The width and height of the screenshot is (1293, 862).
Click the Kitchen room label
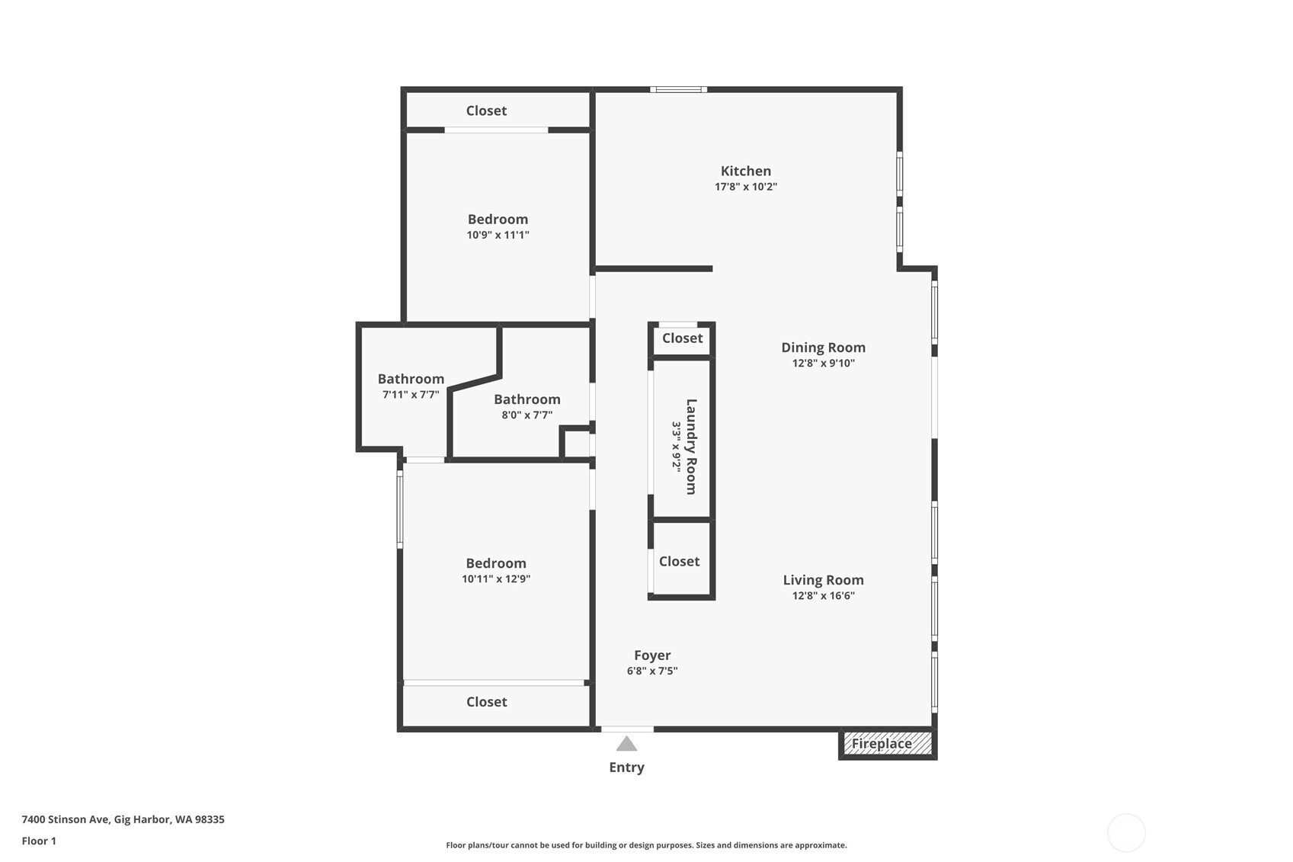tap(746, 171)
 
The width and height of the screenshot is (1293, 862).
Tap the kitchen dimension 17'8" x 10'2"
tap(746, 187)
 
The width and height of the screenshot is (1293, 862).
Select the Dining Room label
tap(823, 348)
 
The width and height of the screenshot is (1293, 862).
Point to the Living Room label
tap(823, 580)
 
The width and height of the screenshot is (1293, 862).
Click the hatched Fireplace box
tap(888, 744)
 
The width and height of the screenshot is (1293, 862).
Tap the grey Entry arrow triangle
tap(626, 744)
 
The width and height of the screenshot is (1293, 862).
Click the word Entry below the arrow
tap(626, 767)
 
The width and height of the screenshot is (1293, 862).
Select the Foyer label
tap(652, 655)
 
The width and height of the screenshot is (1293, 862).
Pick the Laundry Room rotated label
tap(691, 447)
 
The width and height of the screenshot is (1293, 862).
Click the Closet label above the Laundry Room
tap(682, 338)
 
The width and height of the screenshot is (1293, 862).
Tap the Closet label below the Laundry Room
tap(680, 561)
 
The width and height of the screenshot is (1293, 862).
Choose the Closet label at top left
tap(487, 111)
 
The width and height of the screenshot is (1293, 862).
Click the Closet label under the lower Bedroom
tap(487, 702)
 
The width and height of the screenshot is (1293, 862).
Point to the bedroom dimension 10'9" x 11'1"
tap(498, 235)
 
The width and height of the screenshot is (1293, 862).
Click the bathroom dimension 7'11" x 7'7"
tap(411, 395)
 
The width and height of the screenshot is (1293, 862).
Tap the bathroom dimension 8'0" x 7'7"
tap(527, 415)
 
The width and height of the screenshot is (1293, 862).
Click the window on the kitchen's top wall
tap(679, 89)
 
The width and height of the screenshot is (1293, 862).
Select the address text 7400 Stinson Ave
tap(66, 819)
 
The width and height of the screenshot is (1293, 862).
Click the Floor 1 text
tap(40, 841)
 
